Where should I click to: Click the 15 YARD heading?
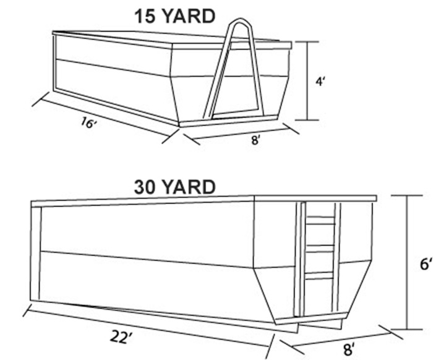pyautogui.click(x=174, y=16)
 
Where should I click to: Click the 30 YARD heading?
pyautogui.click(x=174, y=187)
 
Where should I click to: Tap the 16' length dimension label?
pyautogui.click(x=88, y=122)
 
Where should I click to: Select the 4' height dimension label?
pyautogui.click(x=320, y=82)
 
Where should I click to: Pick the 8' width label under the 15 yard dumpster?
pyautogui.click(x=255, y=140)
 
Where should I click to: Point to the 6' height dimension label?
pyautogui.click(x=426, y=265)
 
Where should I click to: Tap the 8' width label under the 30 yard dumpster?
pyautogui.click(x=349, y=349)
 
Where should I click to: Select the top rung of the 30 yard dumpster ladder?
pyautogui.click(x=320, y=220)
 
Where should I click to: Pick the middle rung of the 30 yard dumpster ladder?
pyautogui.click(x=320, y=248)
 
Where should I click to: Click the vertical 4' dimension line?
pyautogui.click(x=307, y=81)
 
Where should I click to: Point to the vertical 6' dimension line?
pyautogui.click(x=407, y=262)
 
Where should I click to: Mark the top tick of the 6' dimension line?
pyautogui.click(x=407, y=195)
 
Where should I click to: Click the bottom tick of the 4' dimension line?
pyautogui.click(x=307, y=120)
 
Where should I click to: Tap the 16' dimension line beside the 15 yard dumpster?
pyautogui.click(x=106, y=118)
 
